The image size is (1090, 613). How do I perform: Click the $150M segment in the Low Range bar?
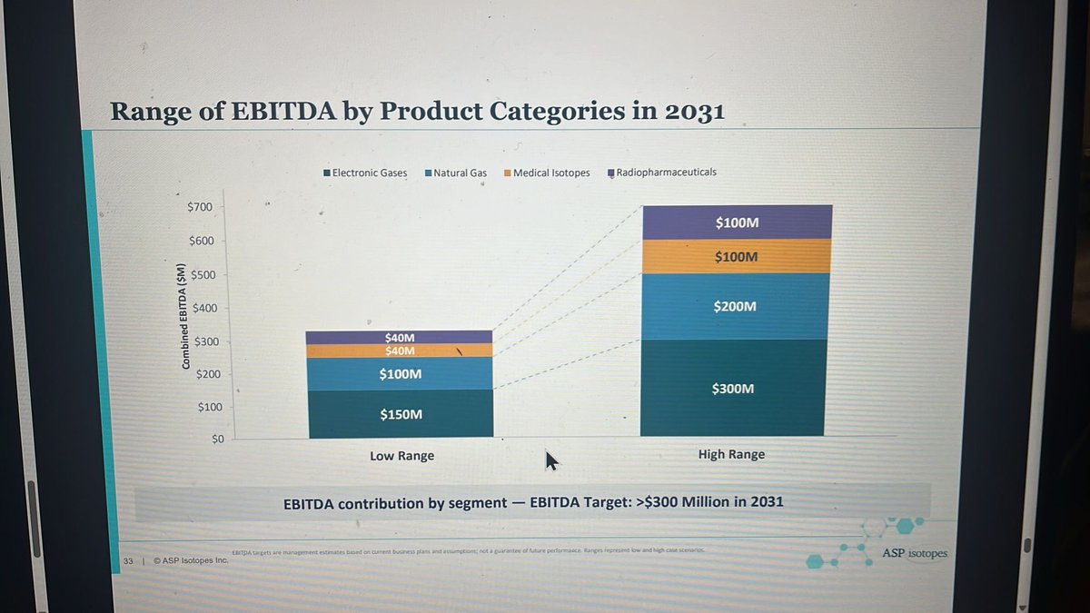[401, 414]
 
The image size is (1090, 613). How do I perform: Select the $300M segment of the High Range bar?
[734, 388]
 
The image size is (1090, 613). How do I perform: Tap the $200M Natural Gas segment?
[735, 307]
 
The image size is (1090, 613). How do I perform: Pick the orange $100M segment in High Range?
[736, 257]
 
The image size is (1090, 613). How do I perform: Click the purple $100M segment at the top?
[737, 222]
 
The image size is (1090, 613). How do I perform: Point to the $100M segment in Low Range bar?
[401, 373]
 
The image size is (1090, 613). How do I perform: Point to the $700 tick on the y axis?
[200, 207]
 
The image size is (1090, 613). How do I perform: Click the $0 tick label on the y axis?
[216, 439]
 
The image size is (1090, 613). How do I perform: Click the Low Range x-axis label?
[401, 456]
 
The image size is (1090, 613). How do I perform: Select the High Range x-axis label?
[731, 454]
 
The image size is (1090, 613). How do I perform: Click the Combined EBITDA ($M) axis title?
[184, 317]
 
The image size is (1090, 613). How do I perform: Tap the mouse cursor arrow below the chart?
[551, 460]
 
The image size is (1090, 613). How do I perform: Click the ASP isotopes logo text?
[914, 553]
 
